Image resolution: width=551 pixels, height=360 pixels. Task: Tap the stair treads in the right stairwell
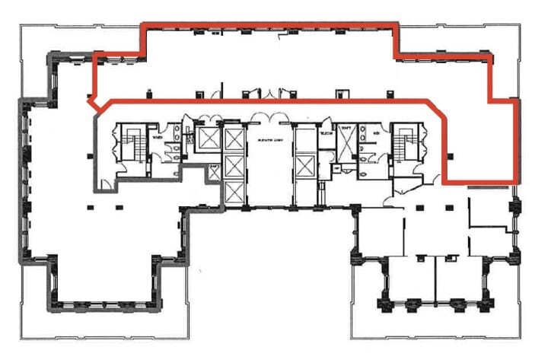tap(403, 142)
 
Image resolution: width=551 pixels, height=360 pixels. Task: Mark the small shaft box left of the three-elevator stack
tap(215, 172)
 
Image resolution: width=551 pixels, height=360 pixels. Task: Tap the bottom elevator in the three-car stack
tap(233, 192)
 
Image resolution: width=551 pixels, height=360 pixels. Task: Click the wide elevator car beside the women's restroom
tap(207, 138)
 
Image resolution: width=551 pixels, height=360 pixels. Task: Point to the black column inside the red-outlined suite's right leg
tap(451, 158)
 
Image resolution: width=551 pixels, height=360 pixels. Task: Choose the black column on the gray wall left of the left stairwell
tap(92, 156)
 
